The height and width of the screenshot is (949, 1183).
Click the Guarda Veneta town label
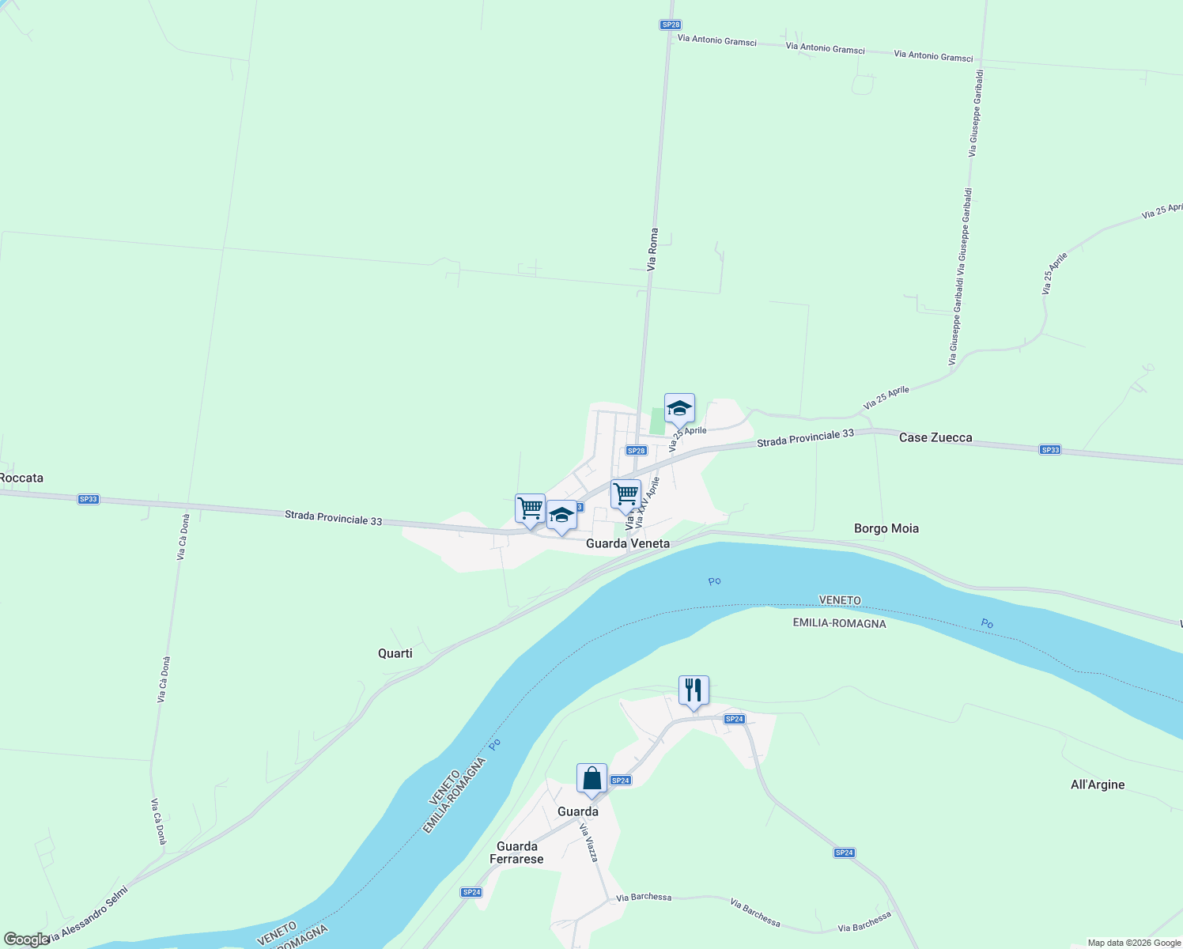627,543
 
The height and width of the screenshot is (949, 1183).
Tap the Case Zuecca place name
935,437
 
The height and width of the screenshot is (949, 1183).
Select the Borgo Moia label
886,528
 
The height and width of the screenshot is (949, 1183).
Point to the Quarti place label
395,653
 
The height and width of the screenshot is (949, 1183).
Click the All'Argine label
1097,785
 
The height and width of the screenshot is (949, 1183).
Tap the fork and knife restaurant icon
694,690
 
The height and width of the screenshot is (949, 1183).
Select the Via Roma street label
652,250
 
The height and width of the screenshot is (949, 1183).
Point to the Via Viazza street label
588,842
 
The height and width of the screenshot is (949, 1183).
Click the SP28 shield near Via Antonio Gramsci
671,25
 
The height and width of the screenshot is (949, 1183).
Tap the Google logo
26,940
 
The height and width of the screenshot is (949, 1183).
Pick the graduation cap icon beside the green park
679,408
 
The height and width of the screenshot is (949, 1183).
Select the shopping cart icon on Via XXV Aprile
626,494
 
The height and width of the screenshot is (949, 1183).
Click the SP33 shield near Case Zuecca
1050,450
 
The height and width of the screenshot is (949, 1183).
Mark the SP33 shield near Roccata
89,499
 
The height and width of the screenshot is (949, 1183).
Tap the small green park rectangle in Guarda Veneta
656,421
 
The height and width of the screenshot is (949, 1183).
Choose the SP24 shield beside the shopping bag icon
621,781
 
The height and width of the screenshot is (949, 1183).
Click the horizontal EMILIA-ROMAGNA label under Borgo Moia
839,623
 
